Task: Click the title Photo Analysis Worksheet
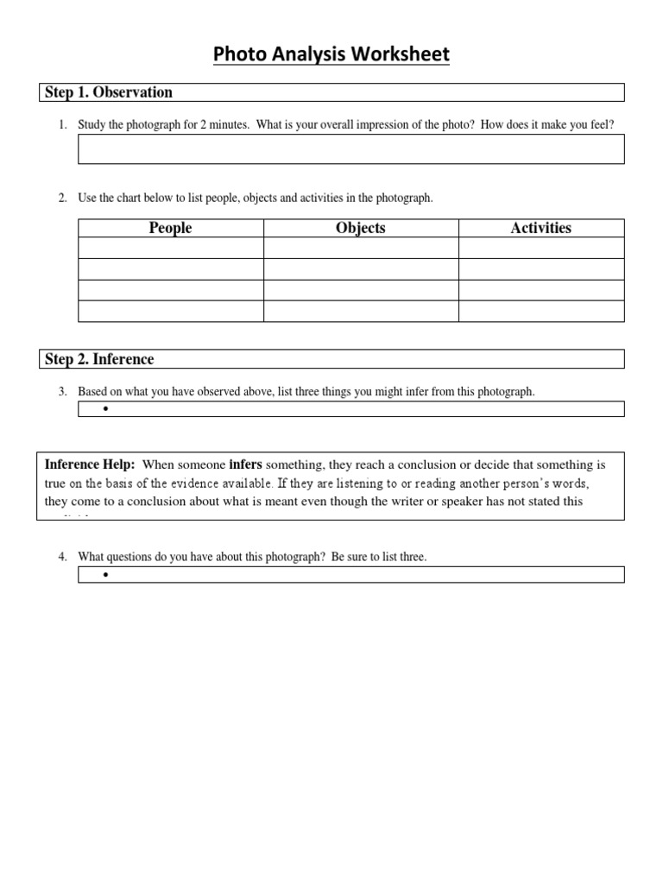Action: (331, 55)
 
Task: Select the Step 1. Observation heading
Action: (108, 92)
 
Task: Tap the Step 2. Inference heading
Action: (98, 359)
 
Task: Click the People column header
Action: (170, 228)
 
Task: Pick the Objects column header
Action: (360, 228)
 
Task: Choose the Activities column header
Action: (540, 228)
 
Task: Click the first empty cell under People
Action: (170, 249)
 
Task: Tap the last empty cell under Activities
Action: (540, 312)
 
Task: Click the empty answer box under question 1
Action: (350, 149)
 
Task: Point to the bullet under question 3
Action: (104, 409)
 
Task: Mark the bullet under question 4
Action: (104, 575)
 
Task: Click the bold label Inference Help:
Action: (90, 465)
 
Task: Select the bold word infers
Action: (245, 465)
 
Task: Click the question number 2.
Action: (62, 199)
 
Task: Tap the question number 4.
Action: (62, 558)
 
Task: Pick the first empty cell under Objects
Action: (360, 249)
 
